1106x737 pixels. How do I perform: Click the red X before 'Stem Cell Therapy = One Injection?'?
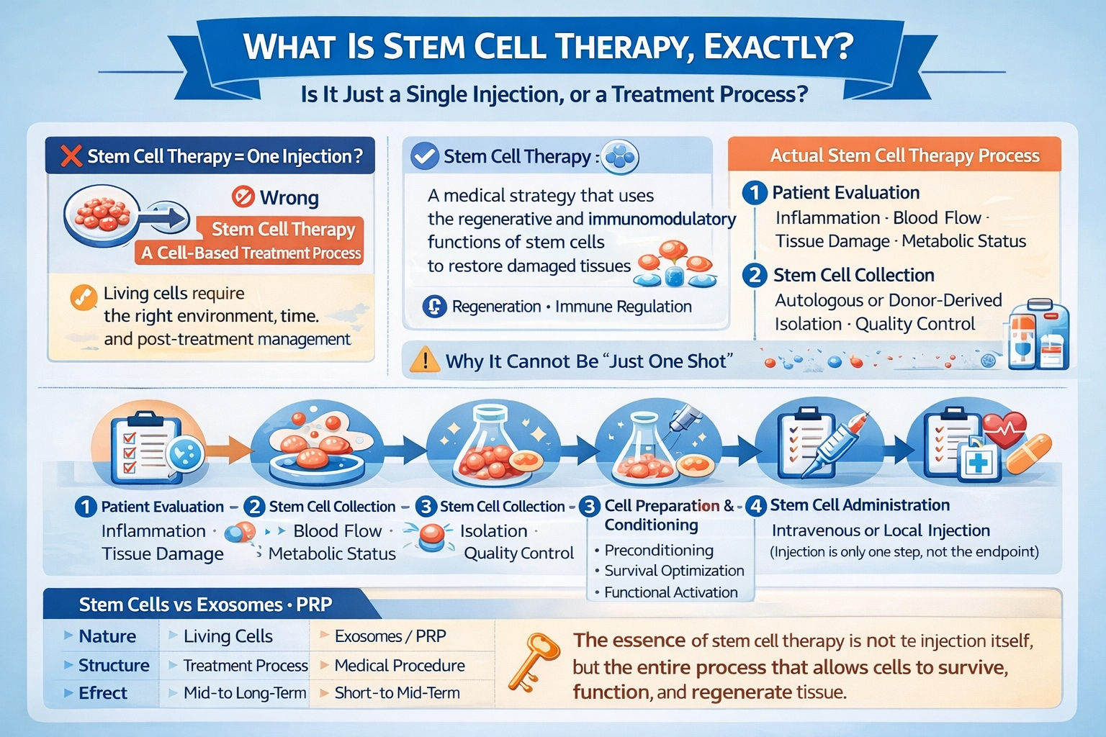click(71, 156)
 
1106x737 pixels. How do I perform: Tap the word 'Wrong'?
click(289, 197)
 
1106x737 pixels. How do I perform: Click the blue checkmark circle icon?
click(425, 156)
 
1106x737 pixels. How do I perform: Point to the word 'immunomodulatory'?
click(662, 219)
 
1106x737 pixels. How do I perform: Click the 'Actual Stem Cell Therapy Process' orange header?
click(895, 155)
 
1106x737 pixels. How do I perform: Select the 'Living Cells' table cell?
click(228, 636)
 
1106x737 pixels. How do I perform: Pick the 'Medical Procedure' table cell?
click(400, 666)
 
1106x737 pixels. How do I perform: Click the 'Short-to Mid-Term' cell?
click(397, 692)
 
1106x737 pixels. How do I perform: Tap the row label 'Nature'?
click(107, 636)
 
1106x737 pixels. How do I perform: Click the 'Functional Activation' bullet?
click(671, 592)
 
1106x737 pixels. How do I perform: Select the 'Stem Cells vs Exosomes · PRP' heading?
click(205, 605)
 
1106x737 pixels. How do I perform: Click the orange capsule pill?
click(1028, 454)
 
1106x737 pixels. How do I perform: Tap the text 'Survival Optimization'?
click(674, 571)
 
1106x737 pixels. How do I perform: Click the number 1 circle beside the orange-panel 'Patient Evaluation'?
click(755, 192)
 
